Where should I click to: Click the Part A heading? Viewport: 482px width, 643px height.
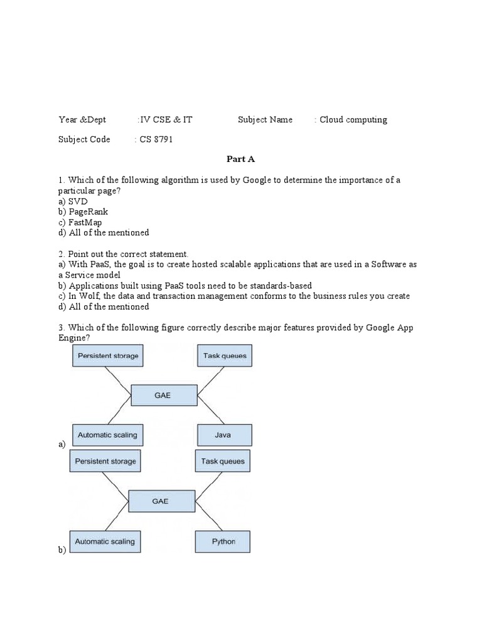241,159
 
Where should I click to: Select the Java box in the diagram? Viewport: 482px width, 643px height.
224,435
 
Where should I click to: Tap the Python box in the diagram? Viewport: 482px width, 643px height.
223,541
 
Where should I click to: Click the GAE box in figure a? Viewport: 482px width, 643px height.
162,396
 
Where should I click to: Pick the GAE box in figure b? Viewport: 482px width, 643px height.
160,501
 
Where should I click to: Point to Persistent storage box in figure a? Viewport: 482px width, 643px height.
108,356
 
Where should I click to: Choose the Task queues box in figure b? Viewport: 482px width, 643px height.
223,462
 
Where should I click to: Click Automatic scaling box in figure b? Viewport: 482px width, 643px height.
105,541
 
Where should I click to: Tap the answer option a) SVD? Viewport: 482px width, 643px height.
73,201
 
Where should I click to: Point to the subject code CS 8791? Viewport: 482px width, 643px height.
154,139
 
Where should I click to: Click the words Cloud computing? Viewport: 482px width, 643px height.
353,119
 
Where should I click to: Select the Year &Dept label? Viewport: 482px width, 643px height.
82,119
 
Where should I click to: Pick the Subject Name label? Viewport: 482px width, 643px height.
265,119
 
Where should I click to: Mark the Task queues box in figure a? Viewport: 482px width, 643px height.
225,356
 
